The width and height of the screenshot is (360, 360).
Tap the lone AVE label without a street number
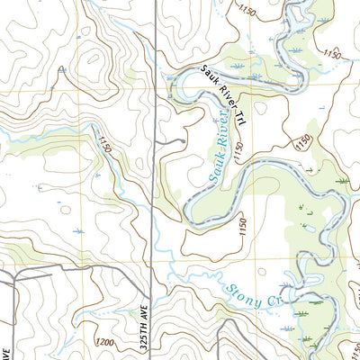coord(5,347)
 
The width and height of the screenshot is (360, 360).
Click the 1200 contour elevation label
coord(103,343)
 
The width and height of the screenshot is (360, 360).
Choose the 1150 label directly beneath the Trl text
coord(239,149)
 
